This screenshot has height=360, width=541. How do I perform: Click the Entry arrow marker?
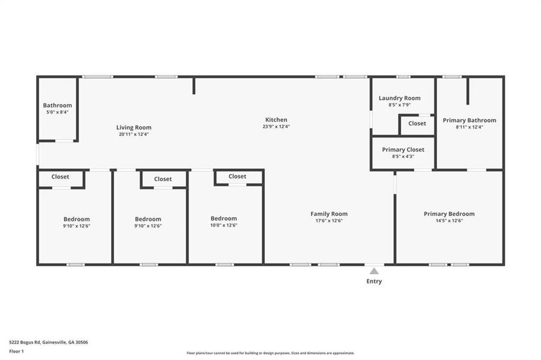click(373, 271)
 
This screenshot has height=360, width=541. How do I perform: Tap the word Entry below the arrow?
click(373, 281)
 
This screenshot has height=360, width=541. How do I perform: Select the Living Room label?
click(134, 127)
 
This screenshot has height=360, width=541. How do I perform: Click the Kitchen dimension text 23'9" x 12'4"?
click(276, 127)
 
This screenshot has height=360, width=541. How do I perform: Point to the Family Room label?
click(328, 214)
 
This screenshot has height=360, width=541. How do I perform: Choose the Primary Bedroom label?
click(449, 214)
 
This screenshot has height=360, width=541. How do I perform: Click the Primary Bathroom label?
click(470, 120)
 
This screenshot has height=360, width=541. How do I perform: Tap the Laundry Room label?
click(399, 98)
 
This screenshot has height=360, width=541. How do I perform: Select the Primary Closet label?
click(403, 149)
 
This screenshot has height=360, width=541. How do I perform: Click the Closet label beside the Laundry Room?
click(417, 124)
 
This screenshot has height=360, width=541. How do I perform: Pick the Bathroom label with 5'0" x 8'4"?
click(57, 106)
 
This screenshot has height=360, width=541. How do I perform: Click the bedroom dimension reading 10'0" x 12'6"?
click(223, 226)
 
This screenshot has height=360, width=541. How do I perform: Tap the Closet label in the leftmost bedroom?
click(60, 177)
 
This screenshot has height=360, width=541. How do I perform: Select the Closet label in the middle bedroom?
click(163, 179)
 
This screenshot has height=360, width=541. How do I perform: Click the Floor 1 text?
click(16, 350)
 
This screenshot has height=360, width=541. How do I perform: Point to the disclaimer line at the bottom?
click(270, 353)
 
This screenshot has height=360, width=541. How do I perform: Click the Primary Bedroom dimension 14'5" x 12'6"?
click(449, 221)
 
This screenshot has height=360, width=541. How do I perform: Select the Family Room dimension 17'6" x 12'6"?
click(328, 221)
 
